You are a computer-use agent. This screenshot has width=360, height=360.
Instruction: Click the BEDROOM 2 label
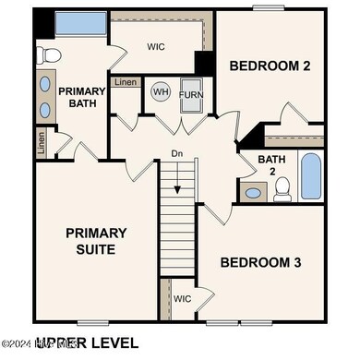pos(270,66)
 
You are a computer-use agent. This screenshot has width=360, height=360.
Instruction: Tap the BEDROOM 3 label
pos(260,262)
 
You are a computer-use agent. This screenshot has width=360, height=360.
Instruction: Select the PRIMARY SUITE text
pos(96,240)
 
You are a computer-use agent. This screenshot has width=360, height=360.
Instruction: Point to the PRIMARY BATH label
pos(83,97)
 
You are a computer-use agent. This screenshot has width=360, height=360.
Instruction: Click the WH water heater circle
pos(161,92)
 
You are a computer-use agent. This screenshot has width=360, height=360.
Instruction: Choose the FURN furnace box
pos(191,94)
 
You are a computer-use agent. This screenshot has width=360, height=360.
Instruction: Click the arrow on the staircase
pos(176,185)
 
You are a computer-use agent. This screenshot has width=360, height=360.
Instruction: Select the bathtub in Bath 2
pos(311,176)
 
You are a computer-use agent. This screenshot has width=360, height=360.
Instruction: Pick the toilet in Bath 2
pos(283,189)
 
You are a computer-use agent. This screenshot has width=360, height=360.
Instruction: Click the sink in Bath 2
pos(252,193)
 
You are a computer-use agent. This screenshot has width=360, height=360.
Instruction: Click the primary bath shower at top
pos(79,24)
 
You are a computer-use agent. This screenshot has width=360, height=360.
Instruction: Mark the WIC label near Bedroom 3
pos(182,298)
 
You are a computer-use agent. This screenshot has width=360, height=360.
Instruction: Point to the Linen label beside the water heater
pos(126,83)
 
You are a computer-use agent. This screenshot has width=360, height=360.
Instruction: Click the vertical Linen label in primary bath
pos(41,142)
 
